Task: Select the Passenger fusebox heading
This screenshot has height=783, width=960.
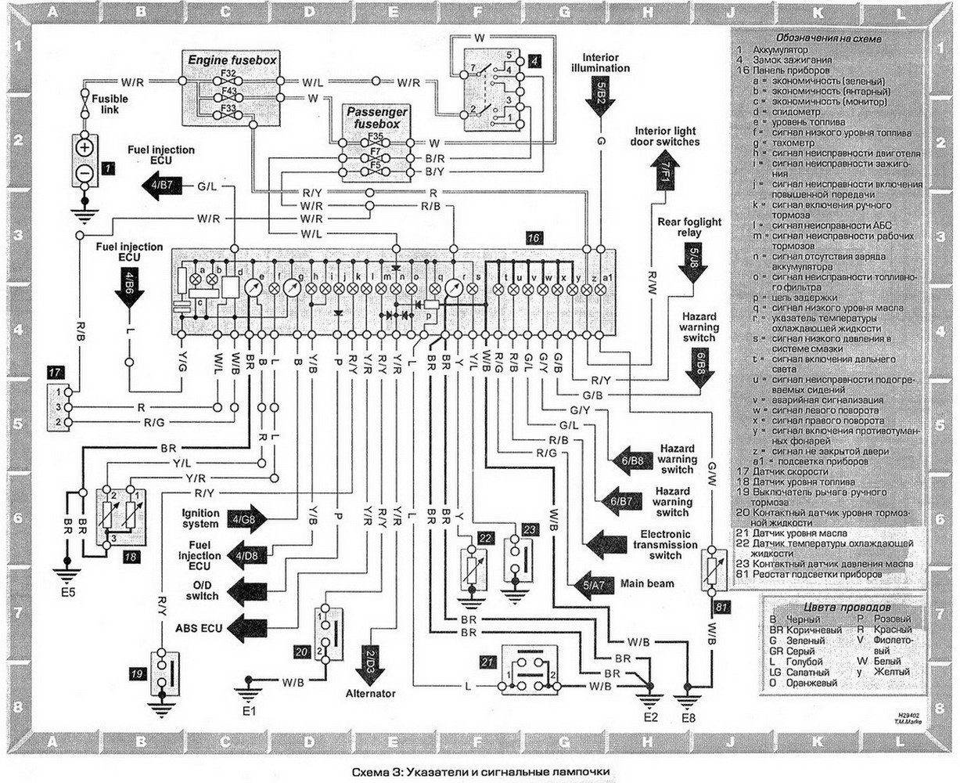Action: [x=373, y=118]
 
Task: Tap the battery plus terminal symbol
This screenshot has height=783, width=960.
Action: [x=85, y=148]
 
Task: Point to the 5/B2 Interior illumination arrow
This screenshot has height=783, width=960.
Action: [x=600, y=97]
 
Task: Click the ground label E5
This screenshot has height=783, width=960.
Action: [x=68, y=592]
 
